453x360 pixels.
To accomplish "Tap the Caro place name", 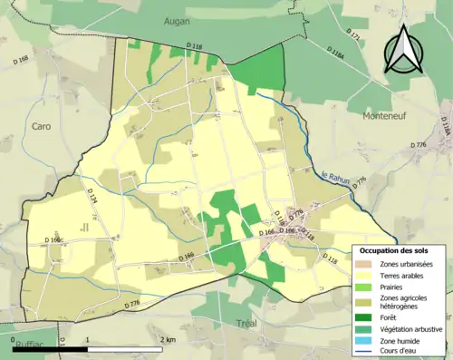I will [x=41, y=126].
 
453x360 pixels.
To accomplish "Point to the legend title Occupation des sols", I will [x=398, y=249].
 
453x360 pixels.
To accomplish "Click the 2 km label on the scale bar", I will [x=167, y=339].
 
